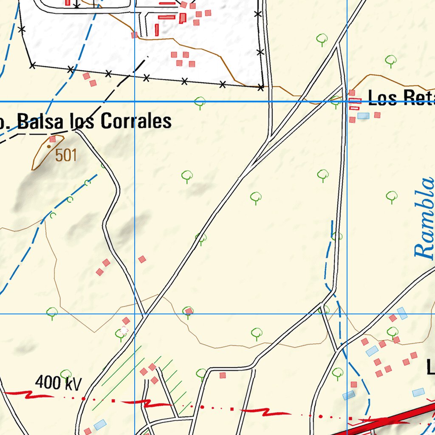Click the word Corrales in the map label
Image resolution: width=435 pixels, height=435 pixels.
(136, 121)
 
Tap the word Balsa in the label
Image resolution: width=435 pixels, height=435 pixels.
(41, 122)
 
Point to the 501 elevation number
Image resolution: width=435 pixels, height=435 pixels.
(66, 155)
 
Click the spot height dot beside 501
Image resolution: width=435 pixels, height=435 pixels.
(49, 147)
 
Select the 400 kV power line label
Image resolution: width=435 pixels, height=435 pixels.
(58, 383)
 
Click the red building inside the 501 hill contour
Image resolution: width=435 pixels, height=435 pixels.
(53, 139)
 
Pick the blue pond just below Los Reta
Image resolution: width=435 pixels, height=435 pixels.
(363, 116)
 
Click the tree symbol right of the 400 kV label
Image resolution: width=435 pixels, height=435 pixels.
(65, 374)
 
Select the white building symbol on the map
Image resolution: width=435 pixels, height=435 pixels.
(124, 330)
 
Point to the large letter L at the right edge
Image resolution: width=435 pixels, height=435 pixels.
(430, 367)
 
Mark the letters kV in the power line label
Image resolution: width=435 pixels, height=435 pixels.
(71, 383)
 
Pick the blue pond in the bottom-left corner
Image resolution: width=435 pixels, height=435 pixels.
(100, 424)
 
